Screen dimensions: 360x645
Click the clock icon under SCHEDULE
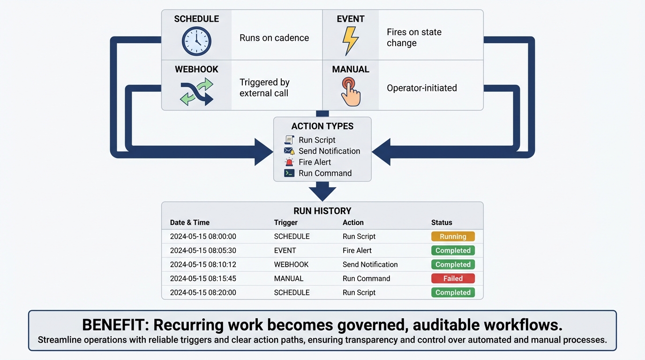click(x=196, y=41)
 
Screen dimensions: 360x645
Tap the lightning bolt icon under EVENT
click(x=350, y=41)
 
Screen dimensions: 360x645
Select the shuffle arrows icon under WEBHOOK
click(x=196, y=92)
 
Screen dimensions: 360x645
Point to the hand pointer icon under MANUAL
click(x=350, y=92)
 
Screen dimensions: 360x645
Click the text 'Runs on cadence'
click(x=274, y=38)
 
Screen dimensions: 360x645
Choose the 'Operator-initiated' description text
click(x=421, y=88)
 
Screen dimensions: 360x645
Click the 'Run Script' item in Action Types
click(x=317, y=140)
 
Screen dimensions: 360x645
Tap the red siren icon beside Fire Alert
click(x=289, y=162)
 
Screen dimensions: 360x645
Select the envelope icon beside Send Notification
click(x=289, y=151)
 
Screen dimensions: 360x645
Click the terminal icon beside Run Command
click(x=289, y=173)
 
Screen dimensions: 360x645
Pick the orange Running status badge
click(x=453, y=237)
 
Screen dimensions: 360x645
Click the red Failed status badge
click(x=453, y=278)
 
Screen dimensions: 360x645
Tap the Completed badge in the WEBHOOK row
click(x=453, y=264)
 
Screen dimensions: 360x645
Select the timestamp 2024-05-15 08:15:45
click(x=203, y=278)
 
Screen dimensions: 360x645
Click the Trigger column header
click(x=285, y=223)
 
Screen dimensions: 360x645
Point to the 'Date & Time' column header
click(x=189, y=223)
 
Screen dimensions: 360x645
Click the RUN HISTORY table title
click(x=322, y=211)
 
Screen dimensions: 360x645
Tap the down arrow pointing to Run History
click(x=322, y=191)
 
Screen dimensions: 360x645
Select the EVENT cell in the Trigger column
click(x=285, y=250)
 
